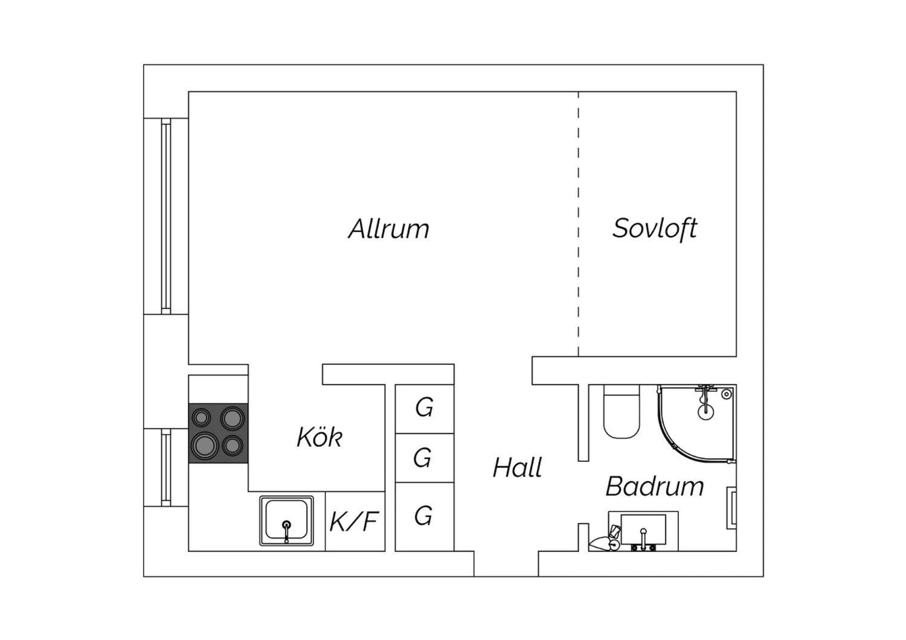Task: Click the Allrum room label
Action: (x=389, y=229)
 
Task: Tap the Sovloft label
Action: (x=655, y=229)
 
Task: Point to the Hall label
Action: (x=517, y=467)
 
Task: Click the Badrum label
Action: (x=655, y=486)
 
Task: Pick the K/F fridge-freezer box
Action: (x=355, y=522)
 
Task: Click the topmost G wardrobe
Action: (x=425, y=409)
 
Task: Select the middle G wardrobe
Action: (x=425, y=458)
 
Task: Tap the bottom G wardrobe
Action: (x=425, y=517)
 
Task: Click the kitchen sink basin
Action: (x=286, y=520)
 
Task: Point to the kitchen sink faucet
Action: (x=286, y=531)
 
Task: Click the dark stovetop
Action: (x=219, y=433)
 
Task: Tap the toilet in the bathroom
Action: (x=622, y=412)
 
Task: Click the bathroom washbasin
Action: (x=643, y=530)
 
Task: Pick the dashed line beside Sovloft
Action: (x=579, y=224)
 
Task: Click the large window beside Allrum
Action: (x=166, y=216)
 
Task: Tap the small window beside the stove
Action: (x=166, y=467)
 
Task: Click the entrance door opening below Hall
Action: (x=506, y=564)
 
